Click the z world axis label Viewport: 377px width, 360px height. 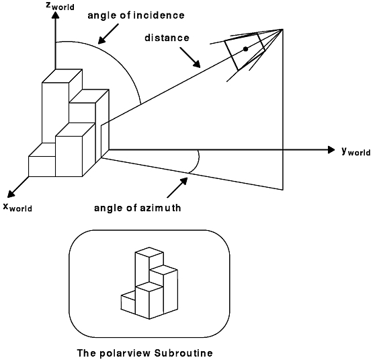60,6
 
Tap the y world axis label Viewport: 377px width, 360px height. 356,151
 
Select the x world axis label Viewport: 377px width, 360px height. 17,207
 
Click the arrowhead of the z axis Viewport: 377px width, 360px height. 56,15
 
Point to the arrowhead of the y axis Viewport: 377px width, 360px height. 331,150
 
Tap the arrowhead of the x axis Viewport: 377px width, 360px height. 11,194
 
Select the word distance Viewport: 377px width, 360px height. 167,38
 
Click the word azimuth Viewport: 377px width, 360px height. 161,207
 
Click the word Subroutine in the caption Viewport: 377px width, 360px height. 183,353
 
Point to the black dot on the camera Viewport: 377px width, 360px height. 245,49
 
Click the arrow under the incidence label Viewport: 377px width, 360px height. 108,34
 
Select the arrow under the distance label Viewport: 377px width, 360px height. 190,57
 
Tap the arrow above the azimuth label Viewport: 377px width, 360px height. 177,188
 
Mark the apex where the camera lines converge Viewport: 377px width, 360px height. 283,30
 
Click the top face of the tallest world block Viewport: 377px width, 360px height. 62,76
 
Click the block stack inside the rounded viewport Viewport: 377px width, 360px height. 149,283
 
